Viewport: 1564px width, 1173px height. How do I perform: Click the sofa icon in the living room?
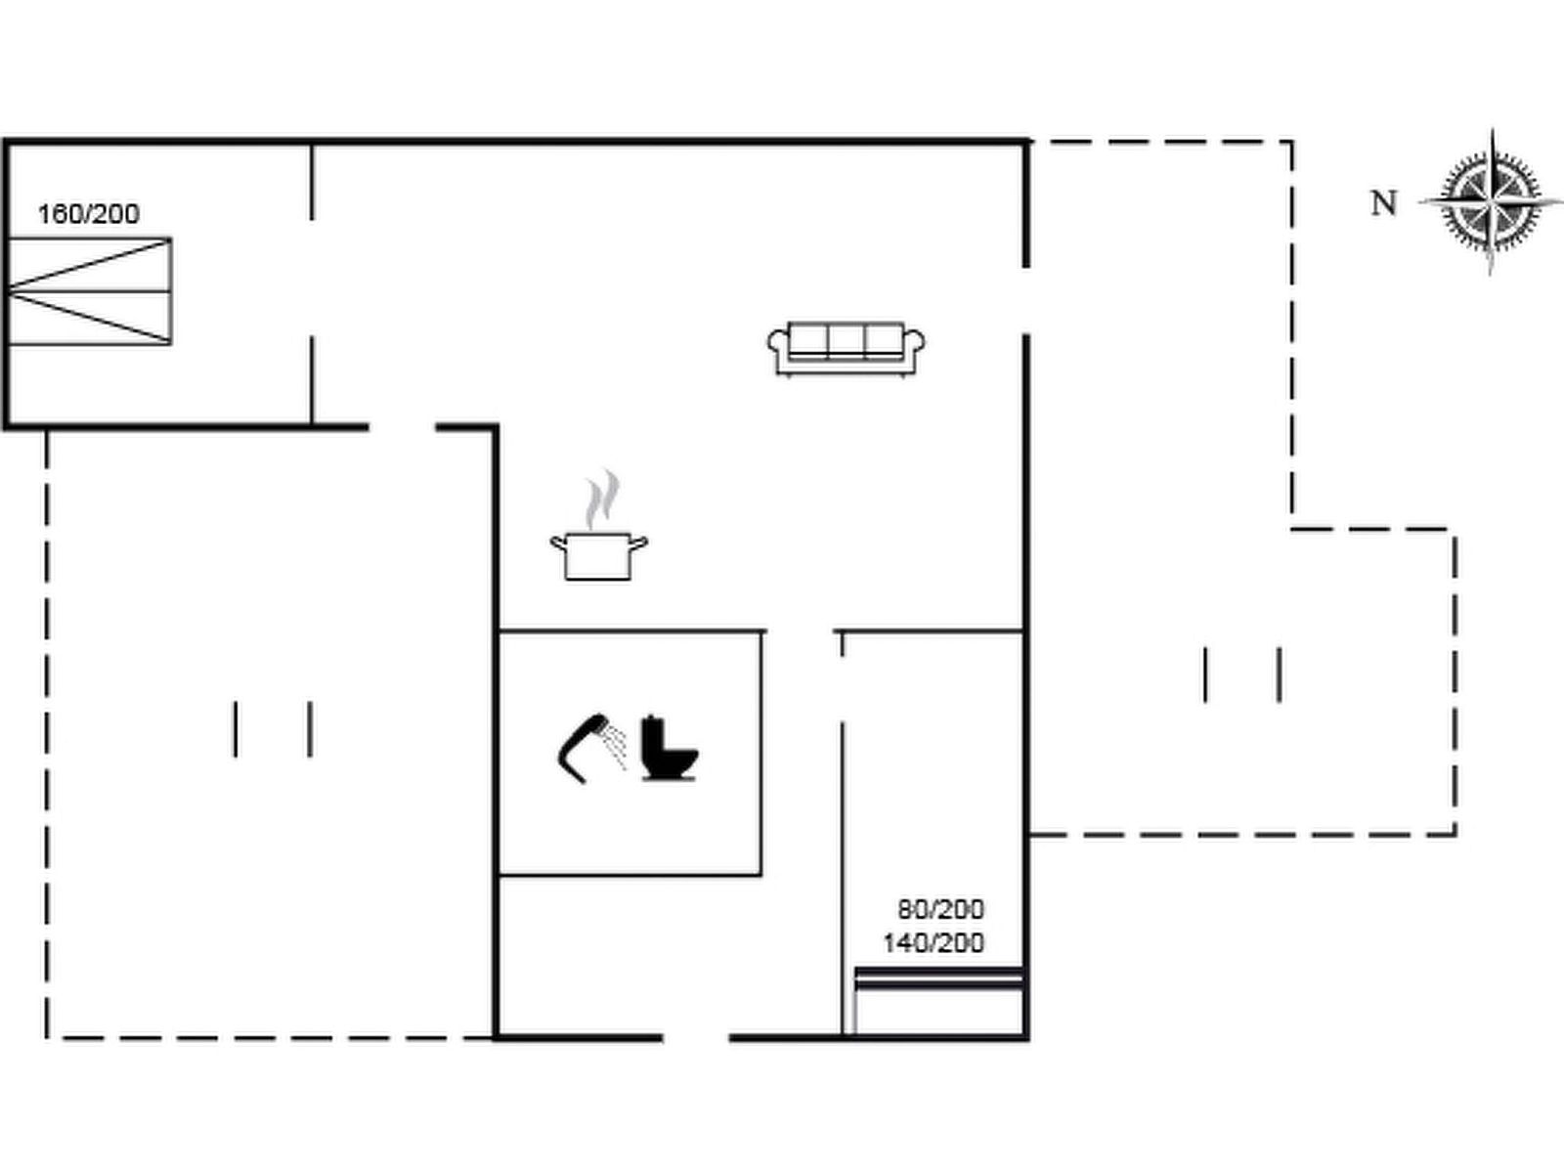tap(847, 348)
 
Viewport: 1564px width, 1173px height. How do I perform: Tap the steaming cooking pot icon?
tap(598, 554)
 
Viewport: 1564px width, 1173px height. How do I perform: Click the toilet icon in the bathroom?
tap(669, 750)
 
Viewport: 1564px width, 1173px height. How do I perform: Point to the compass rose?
tap(1491, 202)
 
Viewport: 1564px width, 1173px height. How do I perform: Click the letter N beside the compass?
tap(1383, 203)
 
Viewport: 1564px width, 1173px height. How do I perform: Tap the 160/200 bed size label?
tap(88, 214)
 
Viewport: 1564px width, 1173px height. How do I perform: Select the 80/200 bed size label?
tap(940, 909)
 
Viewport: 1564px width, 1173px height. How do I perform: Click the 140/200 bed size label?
tap(934, 943)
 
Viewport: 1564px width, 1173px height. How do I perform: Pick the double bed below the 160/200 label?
tap(90, 290)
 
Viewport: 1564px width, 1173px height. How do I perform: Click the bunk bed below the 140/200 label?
tap(938, 999)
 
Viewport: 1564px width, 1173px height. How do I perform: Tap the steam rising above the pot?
tap(602, 499)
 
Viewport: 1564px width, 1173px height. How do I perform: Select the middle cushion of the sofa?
tap(847, 339)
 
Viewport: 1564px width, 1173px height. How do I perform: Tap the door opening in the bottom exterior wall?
tap(696, 1037)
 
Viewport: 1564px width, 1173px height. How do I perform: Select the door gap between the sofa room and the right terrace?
tap(1026, 300)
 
